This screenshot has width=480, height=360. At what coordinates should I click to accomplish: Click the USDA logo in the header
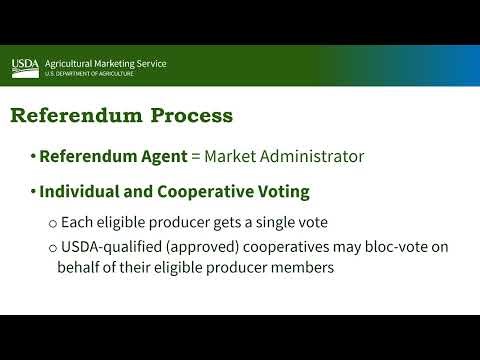[25, 67]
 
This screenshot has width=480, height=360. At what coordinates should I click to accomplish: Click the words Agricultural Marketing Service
[105, 63]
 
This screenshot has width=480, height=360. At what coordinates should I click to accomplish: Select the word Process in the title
[191, 115]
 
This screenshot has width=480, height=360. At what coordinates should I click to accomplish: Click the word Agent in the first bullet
[165, 156]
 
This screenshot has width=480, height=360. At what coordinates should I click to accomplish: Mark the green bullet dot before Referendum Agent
[32, 156]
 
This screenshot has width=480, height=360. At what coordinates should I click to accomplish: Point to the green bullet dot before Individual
[32, 191]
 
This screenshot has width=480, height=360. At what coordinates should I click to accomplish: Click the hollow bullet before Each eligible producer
[52, 222]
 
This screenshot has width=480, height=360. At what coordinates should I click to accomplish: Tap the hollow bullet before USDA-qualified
[52, 246]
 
